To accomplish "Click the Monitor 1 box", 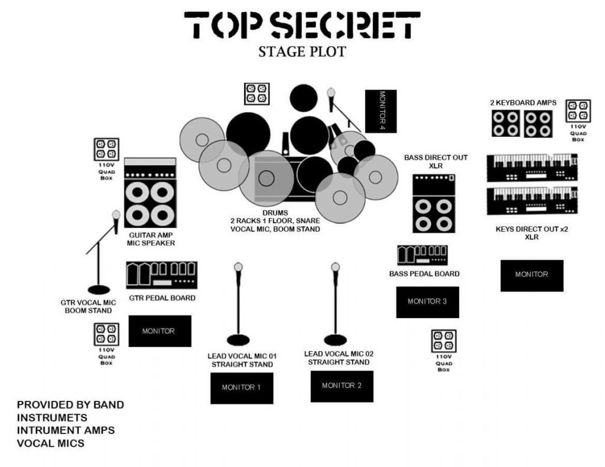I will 242,388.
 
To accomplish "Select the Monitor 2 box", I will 342,386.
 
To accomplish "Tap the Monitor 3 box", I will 427,302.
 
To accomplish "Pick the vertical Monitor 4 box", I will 380,111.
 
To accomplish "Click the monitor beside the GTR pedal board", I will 160,331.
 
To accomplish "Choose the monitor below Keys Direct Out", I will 532,275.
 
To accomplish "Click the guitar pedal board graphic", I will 161,275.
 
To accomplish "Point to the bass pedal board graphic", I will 422,255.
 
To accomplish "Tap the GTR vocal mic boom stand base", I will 98,289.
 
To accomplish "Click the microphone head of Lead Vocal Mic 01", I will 238,267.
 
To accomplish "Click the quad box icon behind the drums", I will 257,94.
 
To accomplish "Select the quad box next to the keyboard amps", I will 578,111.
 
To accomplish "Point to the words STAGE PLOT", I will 302,52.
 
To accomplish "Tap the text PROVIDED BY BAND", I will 70,405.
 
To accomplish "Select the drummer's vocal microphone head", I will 331,93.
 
